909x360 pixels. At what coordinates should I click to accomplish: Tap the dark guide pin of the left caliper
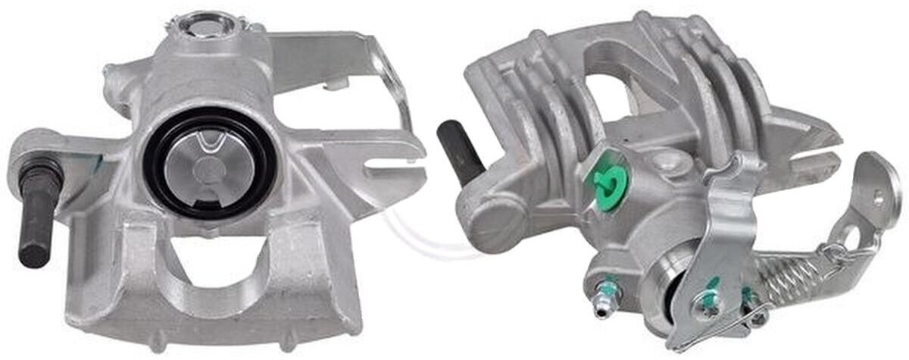35,220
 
